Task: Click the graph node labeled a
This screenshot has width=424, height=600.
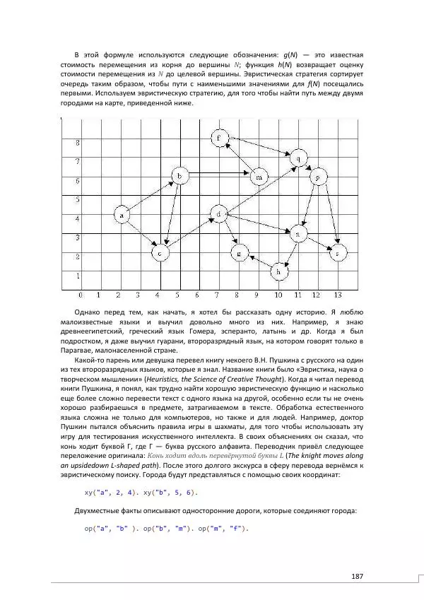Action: coord(123,214)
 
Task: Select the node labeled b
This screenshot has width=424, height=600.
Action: coord(181,175)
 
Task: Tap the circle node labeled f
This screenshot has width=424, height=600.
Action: coord(220,136)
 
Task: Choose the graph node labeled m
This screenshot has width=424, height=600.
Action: coord(259,176)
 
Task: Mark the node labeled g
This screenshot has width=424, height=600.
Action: coord(240,252)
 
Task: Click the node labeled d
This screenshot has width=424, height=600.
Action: coord(220,213)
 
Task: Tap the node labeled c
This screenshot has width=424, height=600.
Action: coord(162,252)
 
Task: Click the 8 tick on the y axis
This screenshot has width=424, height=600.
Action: coord(78,142)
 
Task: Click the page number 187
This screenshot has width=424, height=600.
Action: coord(357,577)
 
